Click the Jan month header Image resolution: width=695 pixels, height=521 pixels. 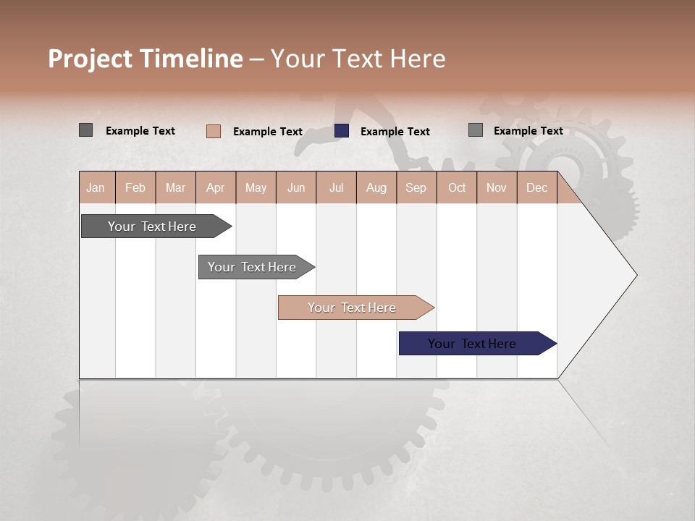[x=96, y=187]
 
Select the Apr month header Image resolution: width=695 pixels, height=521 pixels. [x=215, y=187]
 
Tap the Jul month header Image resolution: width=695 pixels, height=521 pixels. [x=336, y=187]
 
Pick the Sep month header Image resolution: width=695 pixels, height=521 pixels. [x=416, y=187]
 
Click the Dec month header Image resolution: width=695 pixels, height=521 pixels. [x=536, y=187]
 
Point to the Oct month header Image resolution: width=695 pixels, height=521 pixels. [x=457, y=187]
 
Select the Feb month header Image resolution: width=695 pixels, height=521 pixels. [x=135, y=187]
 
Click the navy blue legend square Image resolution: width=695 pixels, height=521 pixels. [x=342, y=131]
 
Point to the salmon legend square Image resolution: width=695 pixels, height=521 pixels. [x=214, y=131]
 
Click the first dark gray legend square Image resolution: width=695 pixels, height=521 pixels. [x=85, y=130]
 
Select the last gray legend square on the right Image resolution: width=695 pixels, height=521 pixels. [x=476, y=130]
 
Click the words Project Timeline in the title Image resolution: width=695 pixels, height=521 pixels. [x=145, y=59]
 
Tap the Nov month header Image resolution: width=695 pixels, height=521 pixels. [x=496, y=187]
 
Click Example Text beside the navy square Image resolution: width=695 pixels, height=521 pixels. [x=395, y=132]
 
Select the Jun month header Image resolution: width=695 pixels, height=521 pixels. [x=295, y=187]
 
